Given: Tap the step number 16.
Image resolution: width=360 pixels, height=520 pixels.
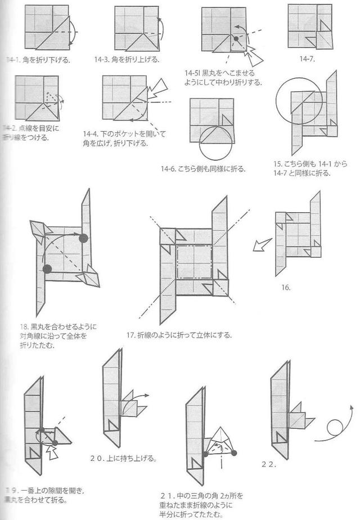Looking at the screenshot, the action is (x=286, y=287).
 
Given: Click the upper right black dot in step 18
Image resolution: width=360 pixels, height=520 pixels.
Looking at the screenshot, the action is (x=84, y=238).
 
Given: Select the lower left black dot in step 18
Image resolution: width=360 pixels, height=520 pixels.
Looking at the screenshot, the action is (x=47, y=268).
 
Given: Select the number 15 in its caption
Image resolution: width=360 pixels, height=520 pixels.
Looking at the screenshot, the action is (x=278, y=164).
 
